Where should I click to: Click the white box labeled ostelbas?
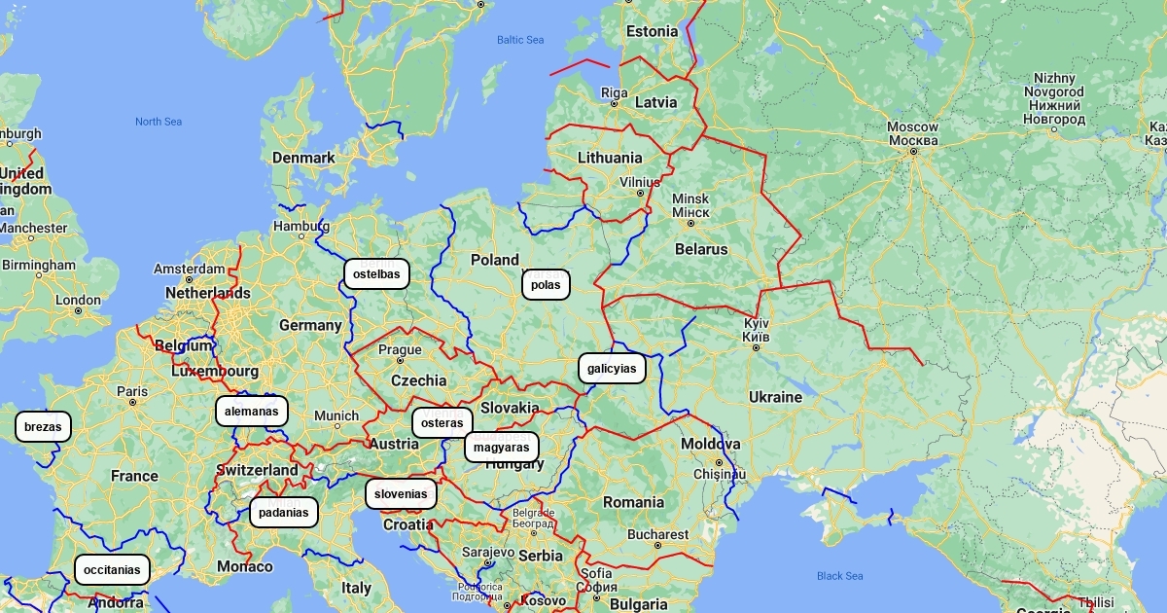click(376, 274)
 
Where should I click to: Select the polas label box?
click(546, 285)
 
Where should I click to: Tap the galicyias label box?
click(612, 369)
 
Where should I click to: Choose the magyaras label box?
click(502, 448)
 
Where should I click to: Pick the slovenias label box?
click(401, 494)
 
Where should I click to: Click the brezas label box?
click(43, 427)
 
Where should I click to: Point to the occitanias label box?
click(112, 570)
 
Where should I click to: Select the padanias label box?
click(284, 513)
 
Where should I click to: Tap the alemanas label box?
click(252, 412)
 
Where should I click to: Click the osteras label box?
click(442, 423)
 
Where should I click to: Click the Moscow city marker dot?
click(913, 152)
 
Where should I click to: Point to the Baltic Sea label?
click(520, 40)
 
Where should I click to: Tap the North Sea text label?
click(159, 122)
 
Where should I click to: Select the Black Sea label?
click(839, 576)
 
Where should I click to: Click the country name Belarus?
click(701, 249)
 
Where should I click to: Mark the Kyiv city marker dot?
click(756, 336)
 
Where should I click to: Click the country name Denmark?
click(303, 158)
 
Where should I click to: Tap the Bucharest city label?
click(657, 534)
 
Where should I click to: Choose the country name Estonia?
click(652, 31)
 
